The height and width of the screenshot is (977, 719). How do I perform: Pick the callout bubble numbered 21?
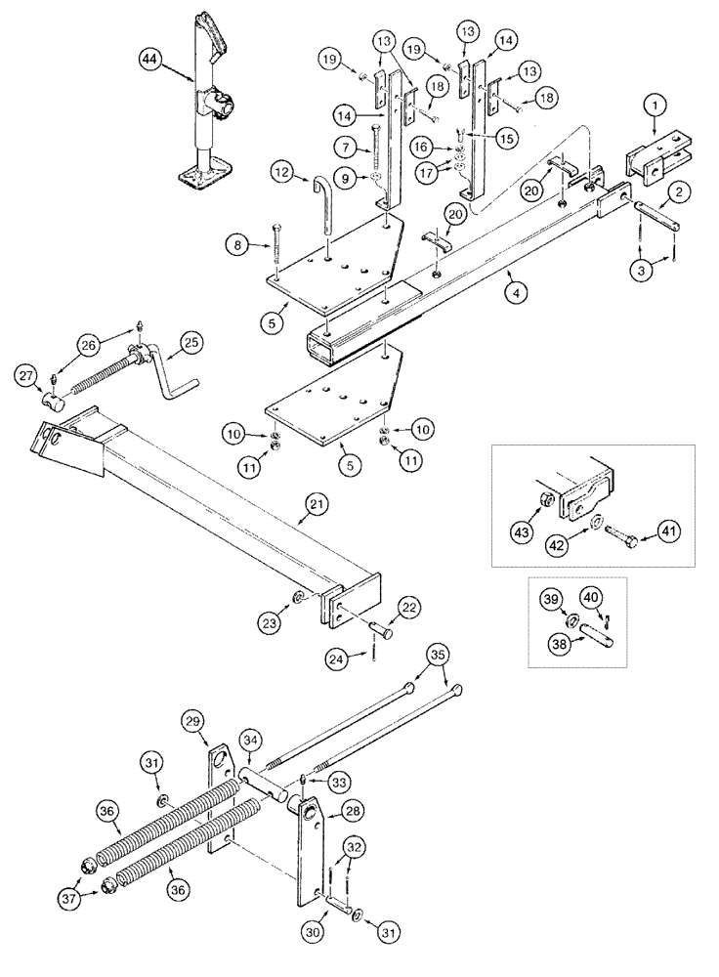click(315, 505)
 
